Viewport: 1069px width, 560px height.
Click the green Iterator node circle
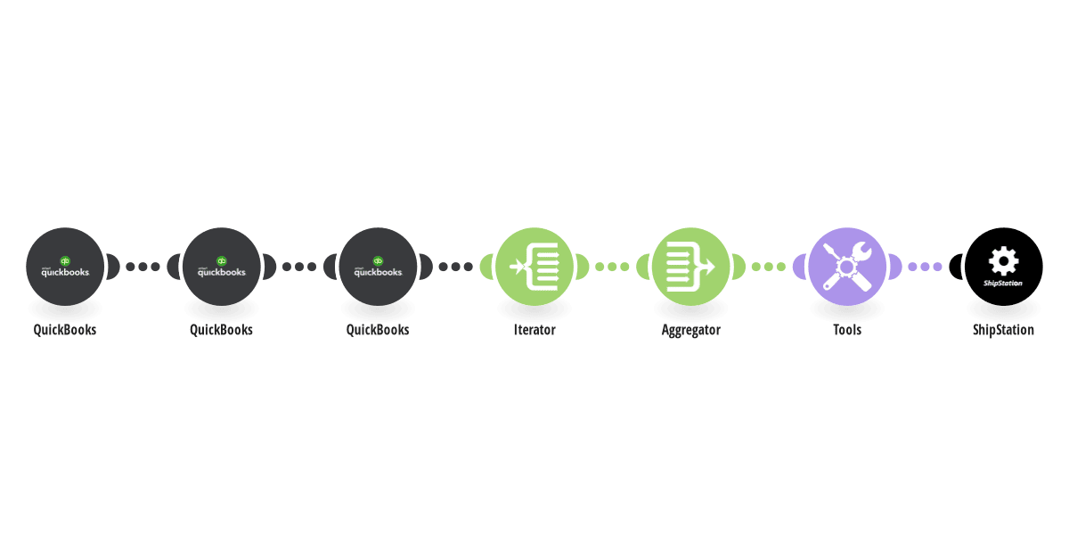(x=534, y=267)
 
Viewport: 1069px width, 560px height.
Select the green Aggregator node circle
(x=691, y=267)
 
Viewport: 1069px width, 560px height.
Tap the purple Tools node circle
(x=847, y=267)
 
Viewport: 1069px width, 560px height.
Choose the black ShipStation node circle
(x=1004, y=267)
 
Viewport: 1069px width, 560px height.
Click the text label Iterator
(x=534, y=330)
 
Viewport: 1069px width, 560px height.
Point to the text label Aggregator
(x=691, y=330)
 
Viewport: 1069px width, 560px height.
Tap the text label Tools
(x=847, y=330)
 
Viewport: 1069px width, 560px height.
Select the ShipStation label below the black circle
(x=1004, y=330)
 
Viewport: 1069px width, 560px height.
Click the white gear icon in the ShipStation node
(x=1004, y=261)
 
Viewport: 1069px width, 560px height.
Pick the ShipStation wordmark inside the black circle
(x=1003, y=284)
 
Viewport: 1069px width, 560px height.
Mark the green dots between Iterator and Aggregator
(x=612, y=267)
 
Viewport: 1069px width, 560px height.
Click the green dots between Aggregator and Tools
(x=769, y=267)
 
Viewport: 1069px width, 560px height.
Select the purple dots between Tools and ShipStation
(x=926, y=267)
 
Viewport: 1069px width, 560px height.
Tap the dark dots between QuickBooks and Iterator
(x=456, y=267)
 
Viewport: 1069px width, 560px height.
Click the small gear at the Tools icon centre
(x=847, y=268)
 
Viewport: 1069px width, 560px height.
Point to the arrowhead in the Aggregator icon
(x=709, y=267)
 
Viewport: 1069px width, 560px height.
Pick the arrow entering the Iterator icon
(x=518, y=267)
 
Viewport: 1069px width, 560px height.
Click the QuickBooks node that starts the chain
(x=65, y=267)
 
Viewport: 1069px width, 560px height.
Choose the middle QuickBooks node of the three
(x=222, y=267)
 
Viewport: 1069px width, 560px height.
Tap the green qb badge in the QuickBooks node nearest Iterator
(x=378, y=261)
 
